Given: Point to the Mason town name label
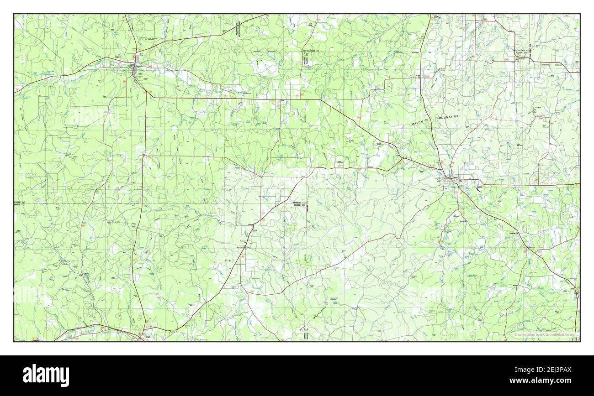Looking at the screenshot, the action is click(455, 176).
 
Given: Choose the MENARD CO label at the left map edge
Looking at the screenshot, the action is click(19, 202).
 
